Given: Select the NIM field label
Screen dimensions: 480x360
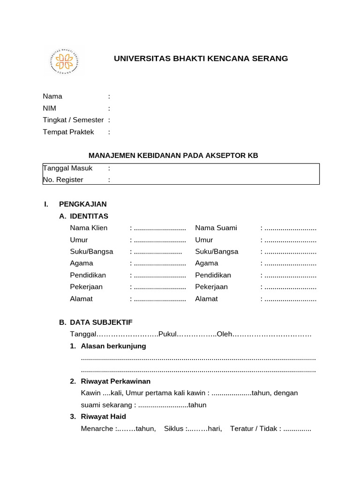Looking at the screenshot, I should [50, 108].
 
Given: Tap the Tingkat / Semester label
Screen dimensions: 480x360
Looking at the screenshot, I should [73, 120].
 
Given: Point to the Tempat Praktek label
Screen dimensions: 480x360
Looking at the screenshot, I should [68, 132].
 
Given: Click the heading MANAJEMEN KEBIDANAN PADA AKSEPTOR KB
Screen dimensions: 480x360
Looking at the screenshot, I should [173, 155].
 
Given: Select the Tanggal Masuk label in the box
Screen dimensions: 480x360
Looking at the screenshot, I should [68, 168].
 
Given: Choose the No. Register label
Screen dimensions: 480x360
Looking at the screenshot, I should [63, 180].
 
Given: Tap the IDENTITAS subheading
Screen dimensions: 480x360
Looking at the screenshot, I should [89, 216].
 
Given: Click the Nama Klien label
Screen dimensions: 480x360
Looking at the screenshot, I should [89, 228].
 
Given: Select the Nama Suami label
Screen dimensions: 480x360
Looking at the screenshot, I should [216, 228].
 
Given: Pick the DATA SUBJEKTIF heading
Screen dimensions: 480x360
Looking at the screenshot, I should [101, 322].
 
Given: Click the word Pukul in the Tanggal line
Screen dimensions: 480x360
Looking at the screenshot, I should [168, 334].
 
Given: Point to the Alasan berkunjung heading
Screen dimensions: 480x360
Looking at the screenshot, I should [113, 346].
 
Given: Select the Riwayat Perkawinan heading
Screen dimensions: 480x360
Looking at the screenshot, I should [119, 381].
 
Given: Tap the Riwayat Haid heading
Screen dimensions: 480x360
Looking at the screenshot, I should [104, 416].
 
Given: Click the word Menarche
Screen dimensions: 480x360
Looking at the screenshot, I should [97, 428].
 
